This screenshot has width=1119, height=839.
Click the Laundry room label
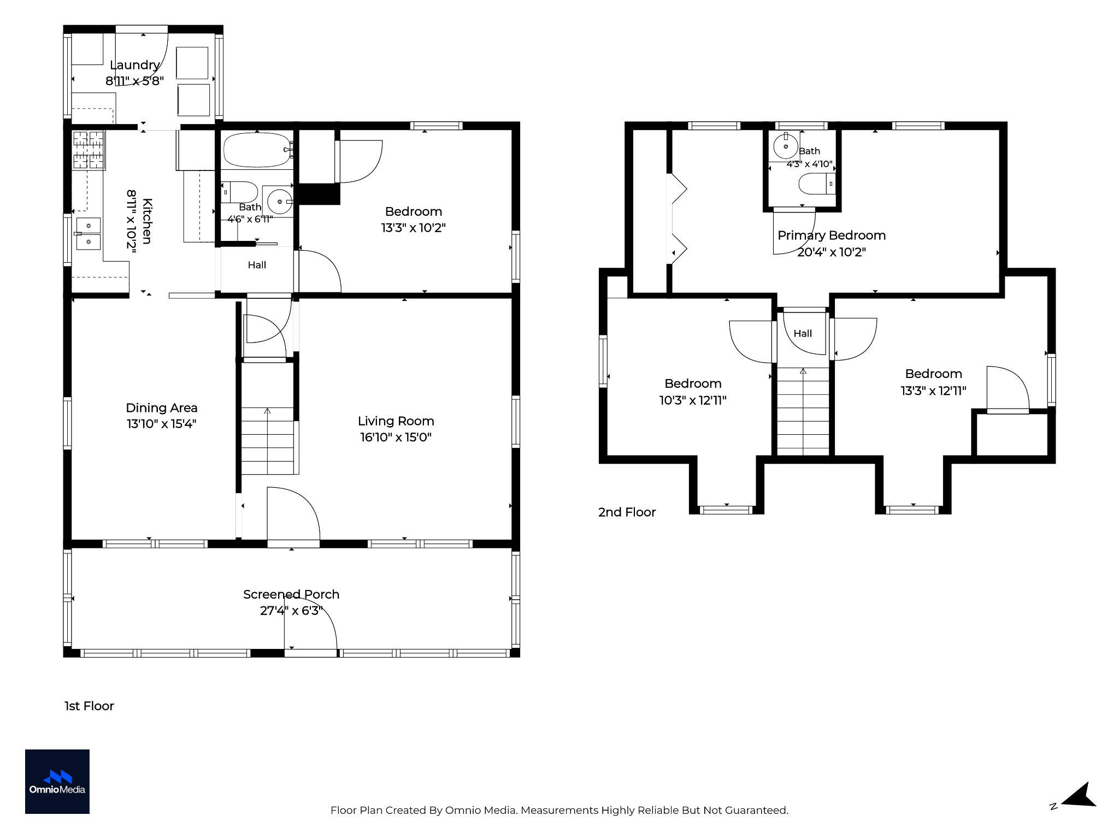(134, 65)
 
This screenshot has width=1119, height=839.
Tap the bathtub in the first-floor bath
(257, 150)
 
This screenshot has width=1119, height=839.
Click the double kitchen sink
(88, 233)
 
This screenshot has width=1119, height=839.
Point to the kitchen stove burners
(89, 151)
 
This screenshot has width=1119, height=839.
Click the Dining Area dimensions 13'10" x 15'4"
(162, 424)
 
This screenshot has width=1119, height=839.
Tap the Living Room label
(396, 421)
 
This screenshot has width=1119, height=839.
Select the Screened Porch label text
(291, 594)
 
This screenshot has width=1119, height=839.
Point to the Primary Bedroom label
(832, 235)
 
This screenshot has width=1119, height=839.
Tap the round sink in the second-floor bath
(786, 146)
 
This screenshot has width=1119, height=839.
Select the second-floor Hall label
(803, 333)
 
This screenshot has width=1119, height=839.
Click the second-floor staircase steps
(803, 411)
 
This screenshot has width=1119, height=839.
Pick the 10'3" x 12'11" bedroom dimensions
(693, 400)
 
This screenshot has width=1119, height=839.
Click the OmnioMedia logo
(57, 782)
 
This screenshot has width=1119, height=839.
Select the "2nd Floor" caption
(627, 512)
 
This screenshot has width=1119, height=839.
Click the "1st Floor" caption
(89, 706)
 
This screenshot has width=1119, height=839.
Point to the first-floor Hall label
(257, 265)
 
